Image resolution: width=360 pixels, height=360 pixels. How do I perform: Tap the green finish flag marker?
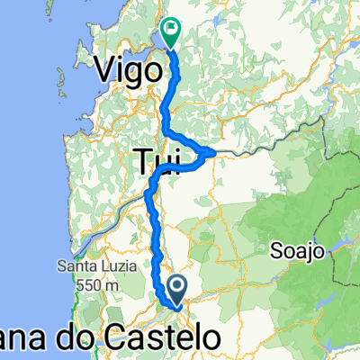[170, 33]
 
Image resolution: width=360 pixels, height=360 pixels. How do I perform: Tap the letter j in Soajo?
[307, 252]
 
